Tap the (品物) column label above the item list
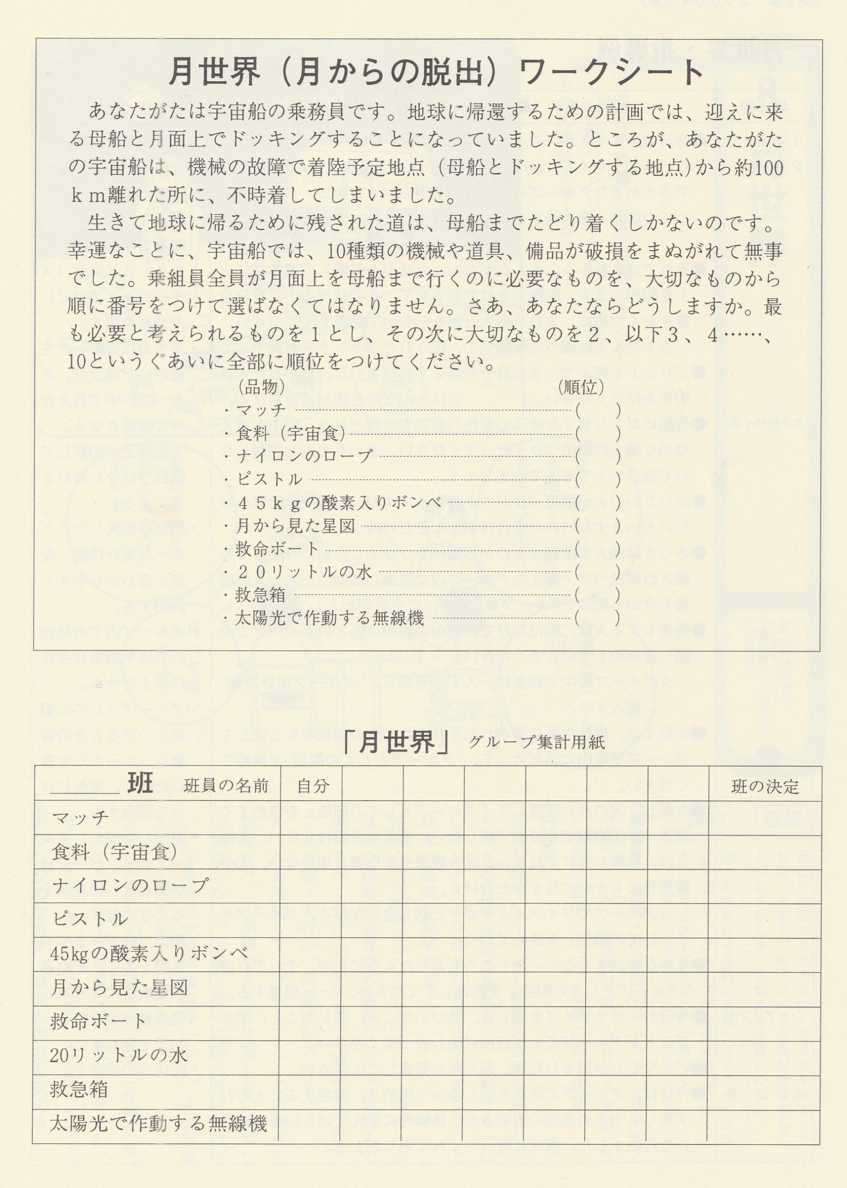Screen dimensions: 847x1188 261,387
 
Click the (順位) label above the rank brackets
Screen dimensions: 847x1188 581,387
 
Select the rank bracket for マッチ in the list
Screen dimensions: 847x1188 598,410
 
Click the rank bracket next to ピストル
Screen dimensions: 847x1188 598,479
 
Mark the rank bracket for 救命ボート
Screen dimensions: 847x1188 598,549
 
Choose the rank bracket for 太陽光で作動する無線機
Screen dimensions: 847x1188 598,618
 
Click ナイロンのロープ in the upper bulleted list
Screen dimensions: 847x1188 304,456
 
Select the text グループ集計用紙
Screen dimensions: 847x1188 537,742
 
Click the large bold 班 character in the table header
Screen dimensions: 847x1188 140,783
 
